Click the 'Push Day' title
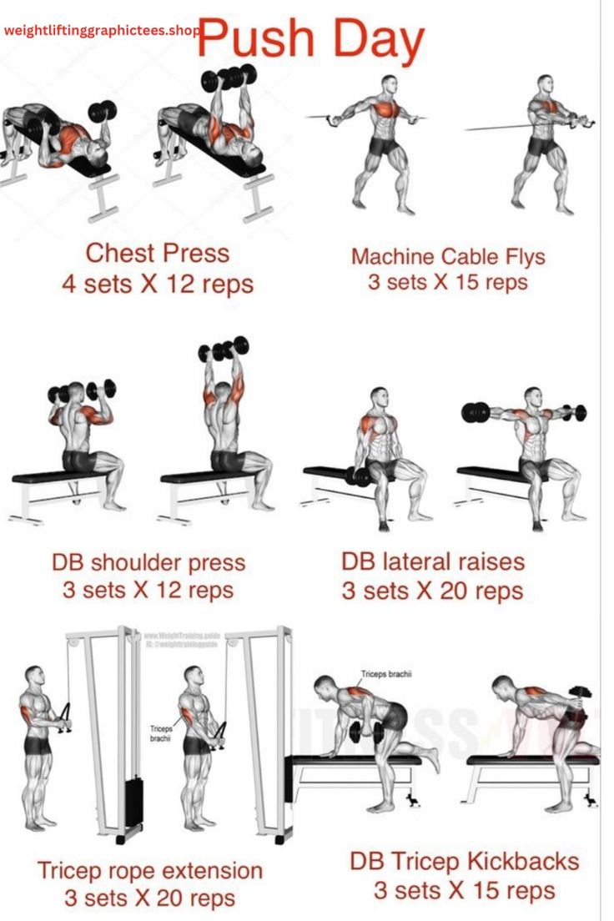pyautogui.click(x=310, y=38)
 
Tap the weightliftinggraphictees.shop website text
pyautogui.click(x=102, y=31)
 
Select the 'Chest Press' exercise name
pyautogui.click(x=158, y=252)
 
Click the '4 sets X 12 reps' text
pyautogui.click(x=158, y=284)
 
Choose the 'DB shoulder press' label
pyautogui.click(x=148, y=561)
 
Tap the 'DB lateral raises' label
pyautogui.click(x=433, y=561)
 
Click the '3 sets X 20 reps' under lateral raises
pyautogui.click(x=432, y=591)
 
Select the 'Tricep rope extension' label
pyautogui.click(x=150, y=871)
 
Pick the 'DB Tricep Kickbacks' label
pyautogui.click(x=464, y=861)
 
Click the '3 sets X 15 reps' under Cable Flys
pyautogui.click(x=448, y=282)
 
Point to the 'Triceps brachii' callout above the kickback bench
pyautogui.click(x=386, y=673)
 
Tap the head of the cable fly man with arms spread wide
pyautogui.click(x=389, y=85)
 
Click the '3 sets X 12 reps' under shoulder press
pyautogui.click(x=148, y=591)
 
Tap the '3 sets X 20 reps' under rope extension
pyautogui.click(x=150, y=898)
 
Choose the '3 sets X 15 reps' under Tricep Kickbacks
pyautogui.click(x=464, y=890)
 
